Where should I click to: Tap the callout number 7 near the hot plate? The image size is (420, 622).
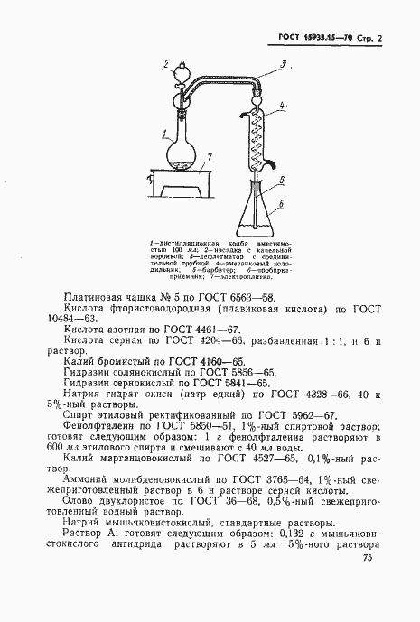coord(209,157)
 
